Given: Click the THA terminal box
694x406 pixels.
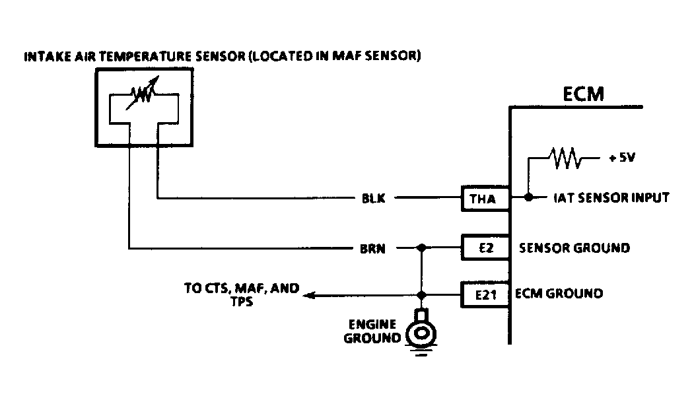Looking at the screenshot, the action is [485, 199].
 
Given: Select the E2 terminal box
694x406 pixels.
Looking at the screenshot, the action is [485, 247].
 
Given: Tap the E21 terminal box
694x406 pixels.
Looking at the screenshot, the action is [485, 294].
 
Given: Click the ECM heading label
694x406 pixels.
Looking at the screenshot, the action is [583, 94].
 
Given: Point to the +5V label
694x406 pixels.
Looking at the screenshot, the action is [622, 157].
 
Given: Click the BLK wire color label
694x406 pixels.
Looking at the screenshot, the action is [374, 198].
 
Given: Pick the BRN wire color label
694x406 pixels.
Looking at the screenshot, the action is [372, 249].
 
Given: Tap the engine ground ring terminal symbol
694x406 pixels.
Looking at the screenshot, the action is [421, 333].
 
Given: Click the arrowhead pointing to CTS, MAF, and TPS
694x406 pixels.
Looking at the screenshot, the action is [309, 295].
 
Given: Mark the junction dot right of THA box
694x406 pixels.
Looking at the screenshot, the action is [528, 197].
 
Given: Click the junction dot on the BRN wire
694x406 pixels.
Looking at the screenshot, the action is [421, 248].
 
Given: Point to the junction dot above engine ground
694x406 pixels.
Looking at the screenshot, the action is [421, 295].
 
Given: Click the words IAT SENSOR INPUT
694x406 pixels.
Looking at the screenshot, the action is [611, 197].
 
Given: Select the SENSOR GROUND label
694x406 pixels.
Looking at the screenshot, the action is [574, 248].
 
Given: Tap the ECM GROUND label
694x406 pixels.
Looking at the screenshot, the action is [559, 293].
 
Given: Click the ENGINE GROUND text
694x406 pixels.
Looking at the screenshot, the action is [372, 331].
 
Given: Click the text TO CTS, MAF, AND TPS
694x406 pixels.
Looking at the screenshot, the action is [242, 295].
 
